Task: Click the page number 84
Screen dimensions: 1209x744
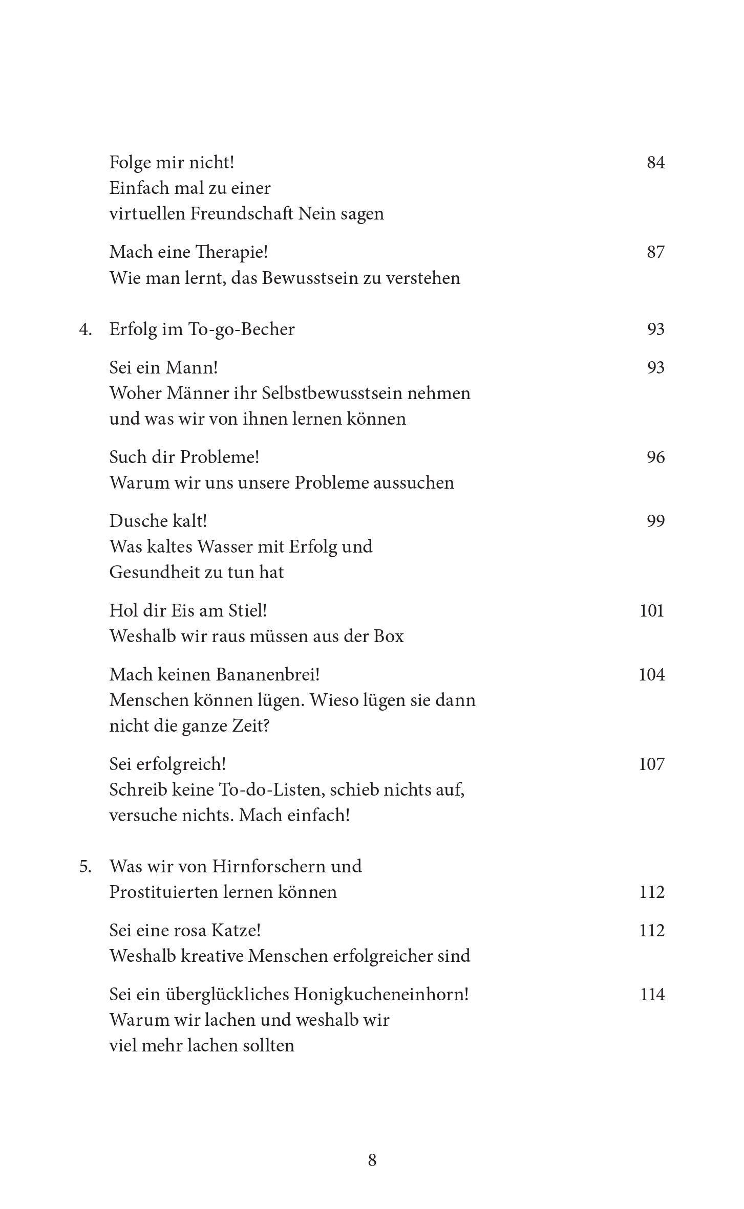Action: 655,163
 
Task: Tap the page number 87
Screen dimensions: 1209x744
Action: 655,252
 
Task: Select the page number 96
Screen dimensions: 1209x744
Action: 655,457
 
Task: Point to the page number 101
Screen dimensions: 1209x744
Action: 652,610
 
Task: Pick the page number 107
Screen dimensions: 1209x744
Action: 652,764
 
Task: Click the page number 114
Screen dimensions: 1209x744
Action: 652,994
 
